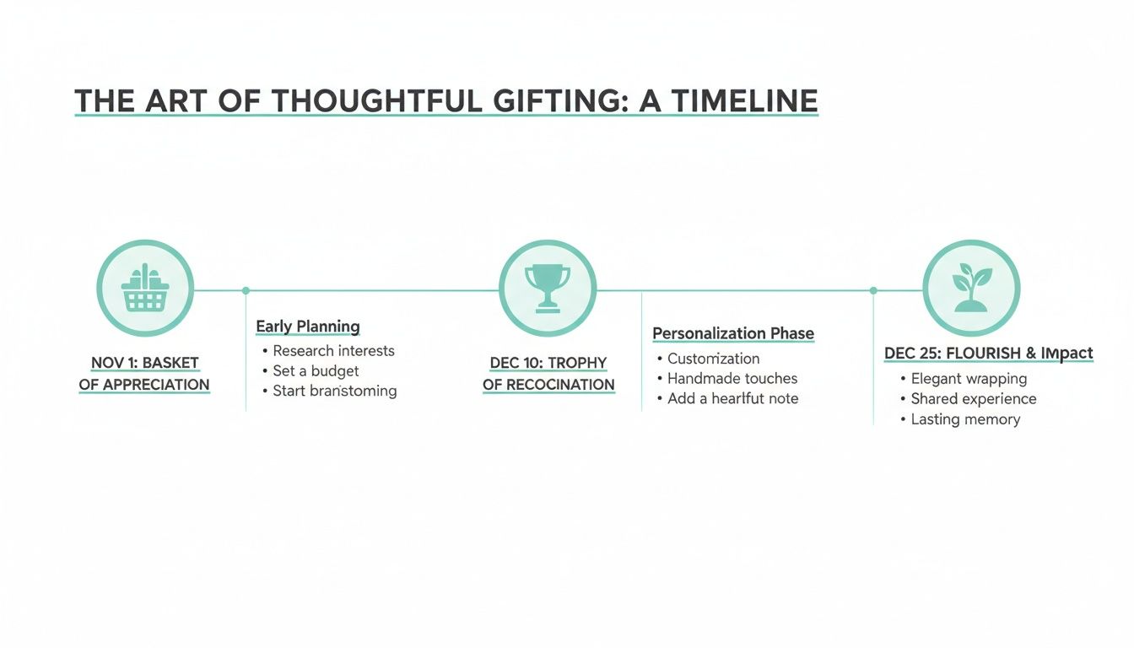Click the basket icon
[x=145, y=289]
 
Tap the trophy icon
[x=548, y=289]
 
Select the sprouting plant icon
[x=971, y=289]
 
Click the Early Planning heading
[x=308, y=327]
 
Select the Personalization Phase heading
[x=733, y=333]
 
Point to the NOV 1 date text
[x=113, y=364]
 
